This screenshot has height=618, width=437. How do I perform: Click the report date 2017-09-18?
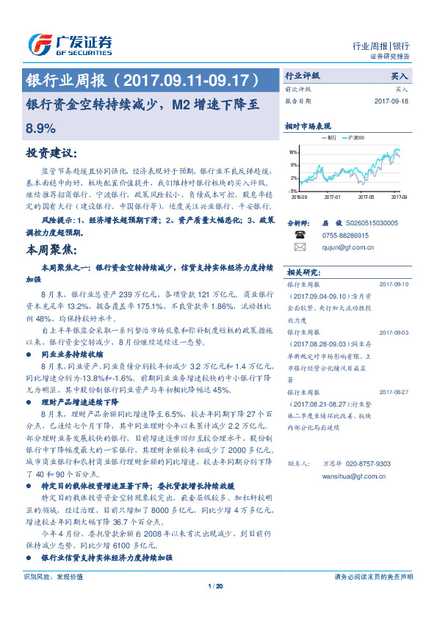390,101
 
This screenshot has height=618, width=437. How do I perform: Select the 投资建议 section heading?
51,153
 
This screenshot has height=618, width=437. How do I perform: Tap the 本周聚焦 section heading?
51,250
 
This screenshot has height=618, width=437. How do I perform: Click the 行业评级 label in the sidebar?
303,76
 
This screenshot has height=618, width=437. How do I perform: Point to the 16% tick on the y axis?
294,153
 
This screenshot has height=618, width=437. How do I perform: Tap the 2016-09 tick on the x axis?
300,197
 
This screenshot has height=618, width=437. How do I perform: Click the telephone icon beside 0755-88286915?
300,234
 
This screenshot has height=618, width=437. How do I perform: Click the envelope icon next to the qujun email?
300,247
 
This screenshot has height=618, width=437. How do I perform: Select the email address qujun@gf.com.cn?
348,247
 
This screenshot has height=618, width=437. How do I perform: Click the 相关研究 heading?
301,270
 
